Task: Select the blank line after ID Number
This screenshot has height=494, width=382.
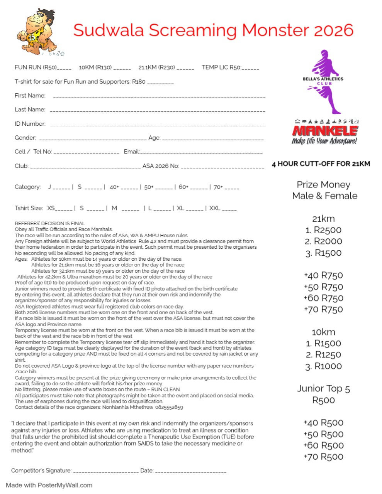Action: [158, 125]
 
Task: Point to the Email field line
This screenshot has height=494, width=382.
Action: [201, 153]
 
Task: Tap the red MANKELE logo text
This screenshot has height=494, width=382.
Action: [325, 130]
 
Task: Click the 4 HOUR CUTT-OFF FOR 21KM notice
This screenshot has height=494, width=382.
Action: [321, 164]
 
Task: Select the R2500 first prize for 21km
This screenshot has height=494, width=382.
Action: [323, 230]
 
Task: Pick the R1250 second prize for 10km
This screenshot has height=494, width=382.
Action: [323, 355]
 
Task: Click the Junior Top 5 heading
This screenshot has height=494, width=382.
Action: [323, 389]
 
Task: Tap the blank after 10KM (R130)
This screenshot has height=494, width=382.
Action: [122, 69]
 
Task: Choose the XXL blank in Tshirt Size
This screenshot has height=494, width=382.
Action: [229, 209]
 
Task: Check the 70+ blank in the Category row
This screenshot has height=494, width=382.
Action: [232, 189]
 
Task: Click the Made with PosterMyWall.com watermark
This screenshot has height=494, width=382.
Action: [49, 485]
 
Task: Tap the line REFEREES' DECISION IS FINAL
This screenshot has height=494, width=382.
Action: [50, 223]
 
